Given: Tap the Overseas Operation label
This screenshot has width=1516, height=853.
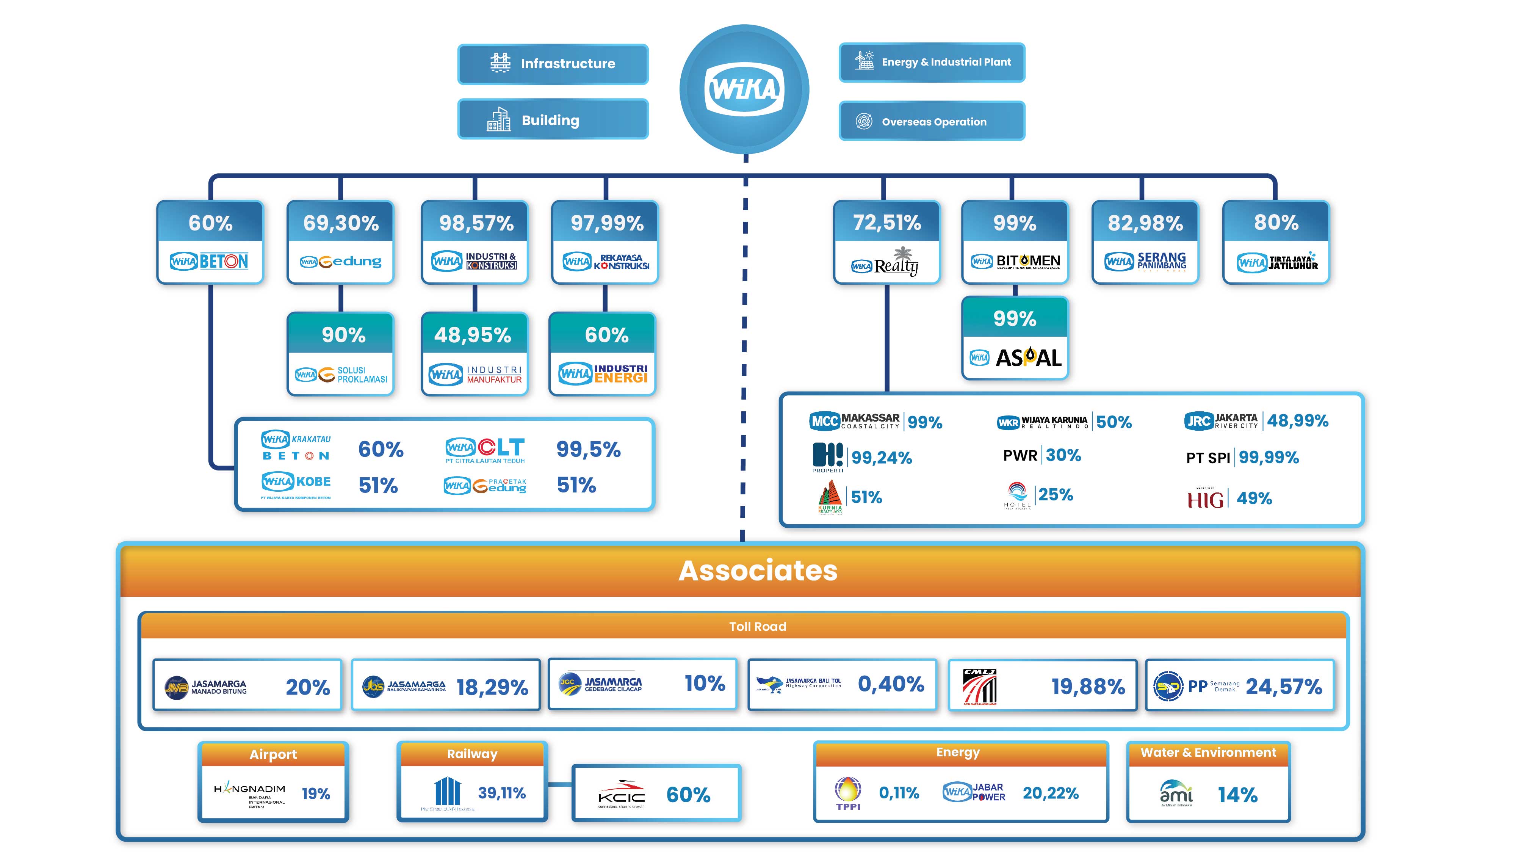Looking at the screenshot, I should pos(933,122).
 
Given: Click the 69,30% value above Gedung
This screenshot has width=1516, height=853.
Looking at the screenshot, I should pos(341,223).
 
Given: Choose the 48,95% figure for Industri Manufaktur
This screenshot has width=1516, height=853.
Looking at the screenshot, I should pos(473,335).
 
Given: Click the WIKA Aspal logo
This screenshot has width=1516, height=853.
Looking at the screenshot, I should pos(1015,358).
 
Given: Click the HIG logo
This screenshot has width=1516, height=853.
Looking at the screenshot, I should pos(1205,499).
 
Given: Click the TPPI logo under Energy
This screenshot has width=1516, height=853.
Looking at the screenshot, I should pos(848,793).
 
